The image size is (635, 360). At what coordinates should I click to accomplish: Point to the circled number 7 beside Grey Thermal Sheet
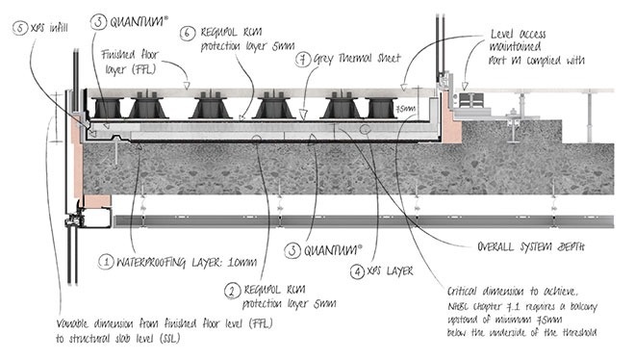(301, 61)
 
